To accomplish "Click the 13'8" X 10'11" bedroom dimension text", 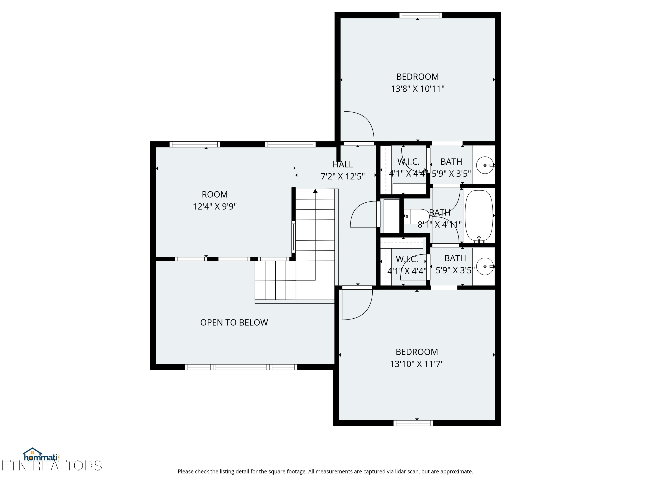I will tap(417, 89).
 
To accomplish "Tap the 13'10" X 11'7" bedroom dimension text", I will tap(417, 364).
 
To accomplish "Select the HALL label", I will tap(343, 164).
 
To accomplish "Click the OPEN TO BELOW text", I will tap(234, 323).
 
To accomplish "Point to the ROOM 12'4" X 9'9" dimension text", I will tap(215, 206).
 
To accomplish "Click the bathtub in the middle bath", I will tap(478, 216).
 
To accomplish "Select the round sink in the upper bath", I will tap(485, 165).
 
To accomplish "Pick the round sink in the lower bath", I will tap(485, 266).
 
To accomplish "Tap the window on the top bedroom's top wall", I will tap(420, 15).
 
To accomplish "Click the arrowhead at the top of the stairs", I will tap(315, 191).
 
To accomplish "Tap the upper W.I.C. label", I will tap(408, 162).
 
